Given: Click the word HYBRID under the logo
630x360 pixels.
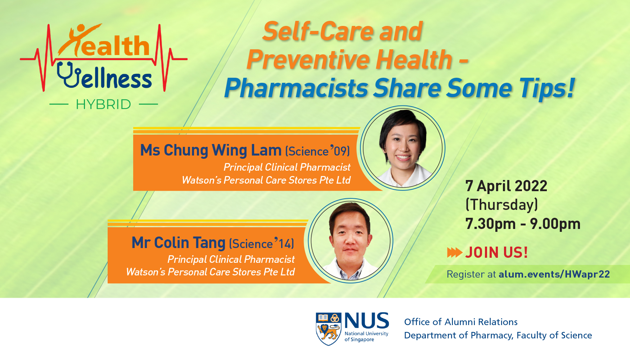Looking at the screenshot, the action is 103,104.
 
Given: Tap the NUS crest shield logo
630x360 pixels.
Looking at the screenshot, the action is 328,329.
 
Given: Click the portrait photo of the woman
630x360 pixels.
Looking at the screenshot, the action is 403,148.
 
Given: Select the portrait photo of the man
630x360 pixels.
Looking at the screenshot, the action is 351,240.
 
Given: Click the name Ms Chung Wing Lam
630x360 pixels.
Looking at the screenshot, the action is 211,150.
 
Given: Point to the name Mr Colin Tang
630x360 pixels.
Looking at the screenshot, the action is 178,243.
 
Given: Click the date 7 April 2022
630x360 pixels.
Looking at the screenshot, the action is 506,186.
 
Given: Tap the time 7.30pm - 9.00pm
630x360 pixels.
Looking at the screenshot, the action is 523,224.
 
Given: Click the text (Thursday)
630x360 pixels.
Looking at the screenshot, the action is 501,205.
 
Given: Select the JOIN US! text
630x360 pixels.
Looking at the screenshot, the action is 496,252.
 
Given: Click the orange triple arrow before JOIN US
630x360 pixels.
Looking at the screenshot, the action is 455,252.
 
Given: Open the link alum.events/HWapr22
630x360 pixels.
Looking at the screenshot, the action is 554,274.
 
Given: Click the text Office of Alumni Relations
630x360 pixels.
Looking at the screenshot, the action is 461,322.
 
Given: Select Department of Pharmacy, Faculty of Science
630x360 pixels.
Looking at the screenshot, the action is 498,336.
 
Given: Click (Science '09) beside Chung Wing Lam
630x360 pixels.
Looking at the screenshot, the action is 318,151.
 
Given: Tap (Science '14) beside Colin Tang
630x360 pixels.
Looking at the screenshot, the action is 261,244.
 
